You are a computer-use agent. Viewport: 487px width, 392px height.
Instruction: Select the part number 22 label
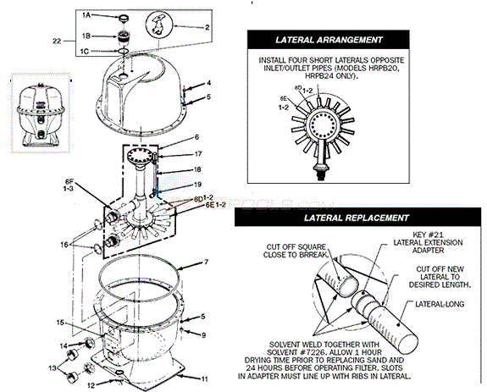[57, 40]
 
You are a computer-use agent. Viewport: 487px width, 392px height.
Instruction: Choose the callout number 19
[199, 184]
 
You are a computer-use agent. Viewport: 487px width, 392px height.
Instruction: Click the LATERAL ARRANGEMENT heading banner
[329, 40]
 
